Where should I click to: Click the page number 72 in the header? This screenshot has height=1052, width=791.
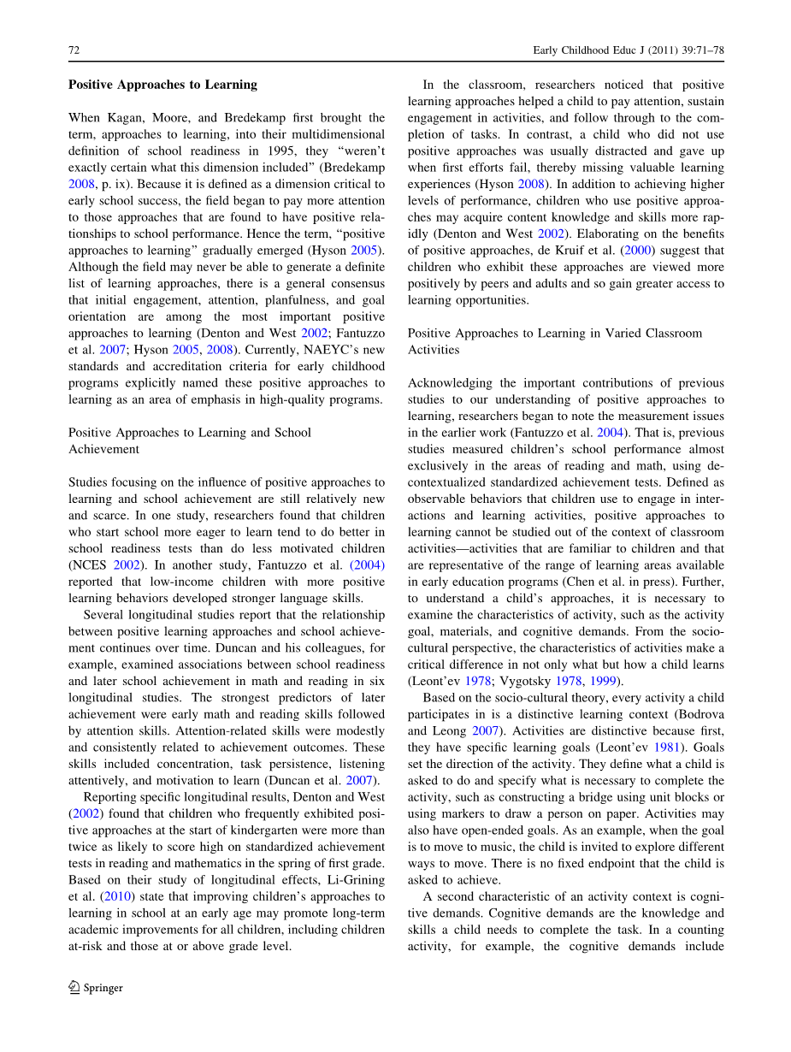[74, 51]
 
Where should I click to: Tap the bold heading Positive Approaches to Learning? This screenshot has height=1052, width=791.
[162, 85]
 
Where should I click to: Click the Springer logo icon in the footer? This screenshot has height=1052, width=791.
[74, 987]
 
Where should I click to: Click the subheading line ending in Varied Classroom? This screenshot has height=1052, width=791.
[555, 334]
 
